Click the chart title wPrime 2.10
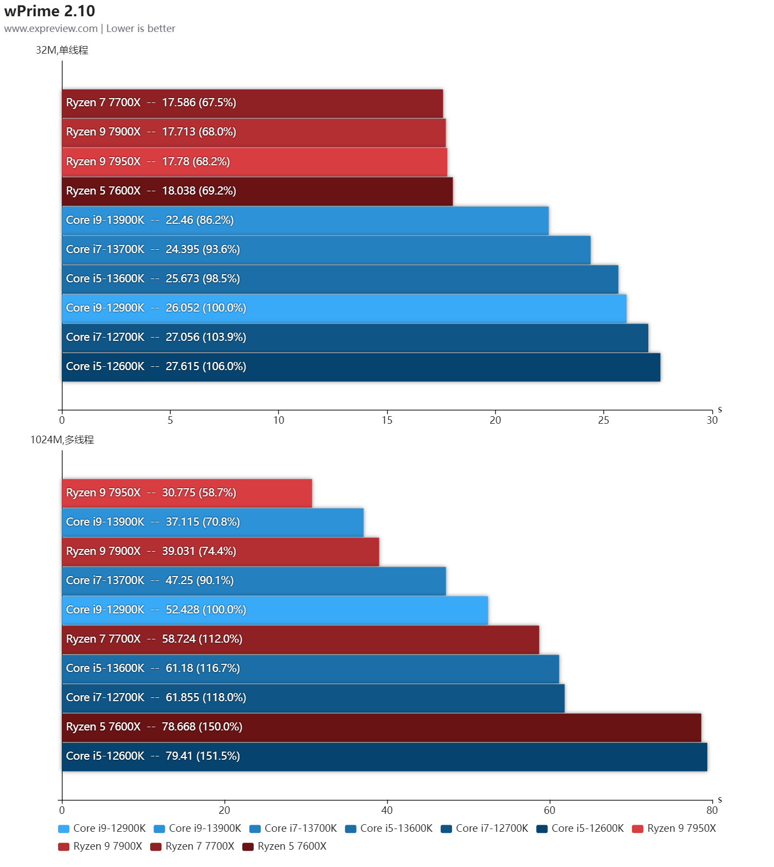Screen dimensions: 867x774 (49, 11)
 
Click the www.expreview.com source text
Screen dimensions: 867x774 (51, 29)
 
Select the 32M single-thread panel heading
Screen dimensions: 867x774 (62, 50)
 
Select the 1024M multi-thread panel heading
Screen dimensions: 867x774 (62, 440)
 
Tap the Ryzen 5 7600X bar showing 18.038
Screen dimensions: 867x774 (257, 191)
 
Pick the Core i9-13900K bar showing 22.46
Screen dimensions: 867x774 (305, 221)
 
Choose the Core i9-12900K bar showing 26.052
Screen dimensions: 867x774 (344, 308)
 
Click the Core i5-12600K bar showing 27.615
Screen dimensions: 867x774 (361, 367)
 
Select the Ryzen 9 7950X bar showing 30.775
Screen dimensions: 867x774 (187, 493)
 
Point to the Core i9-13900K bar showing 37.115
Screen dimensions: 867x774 (212, 522)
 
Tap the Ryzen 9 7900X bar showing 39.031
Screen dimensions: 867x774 (221, 552)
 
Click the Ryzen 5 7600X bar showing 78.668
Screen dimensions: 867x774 (382, 727)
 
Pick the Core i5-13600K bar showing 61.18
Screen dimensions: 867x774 (311, 669)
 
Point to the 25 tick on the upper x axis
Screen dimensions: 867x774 (603, 420)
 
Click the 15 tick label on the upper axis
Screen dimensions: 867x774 (386, 420)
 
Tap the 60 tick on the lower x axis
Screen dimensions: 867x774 (549, 810)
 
